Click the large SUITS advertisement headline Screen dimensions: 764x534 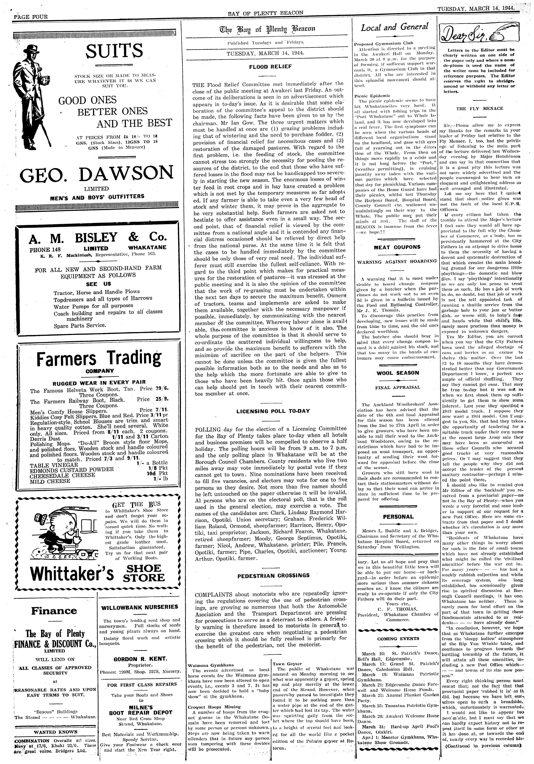pyautogui.click(x=115, y=51)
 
